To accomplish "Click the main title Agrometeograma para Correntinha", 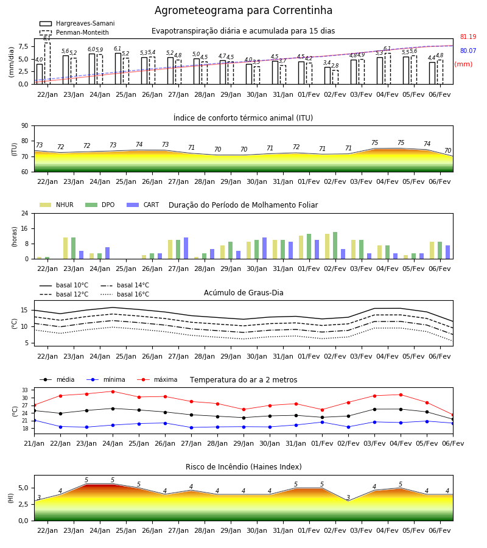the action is tap(243, 10).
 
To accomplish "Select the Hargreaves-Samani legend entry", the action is tap(77, 23).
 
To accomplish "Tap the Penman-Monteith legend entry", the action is tap(74, 32).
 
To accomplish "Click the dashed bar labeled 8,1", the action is tap(47, 63).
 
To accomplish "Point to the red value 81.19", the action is tap(468, 37).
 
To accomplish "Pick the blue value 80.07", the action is tap(468, 51).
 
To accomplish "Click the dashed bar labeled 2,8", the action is tap(335, 77).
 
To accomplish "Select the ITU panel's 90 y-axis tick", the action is tap(25, 126).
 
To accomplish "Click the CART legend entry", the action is tap(143, 205).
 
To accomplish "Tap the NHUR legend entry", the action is tap(57, 205).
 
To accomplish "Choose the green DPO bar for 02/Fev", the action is tap(335, 245).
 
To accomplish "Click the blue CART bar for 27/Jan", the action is tap(186, 248).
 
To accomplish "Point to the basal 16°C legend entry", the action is tap(125, 294).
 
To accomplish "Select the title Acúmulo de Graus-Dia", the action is tap(243, 292).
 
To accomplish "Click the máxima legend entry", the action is tap(157, 379).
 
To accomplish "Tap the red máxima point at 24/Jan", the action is tap(113, 392).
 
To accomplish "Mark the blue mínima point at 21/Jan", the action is tap(34, 420).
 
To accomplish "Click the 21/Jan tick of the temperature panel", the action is tap(34, 443).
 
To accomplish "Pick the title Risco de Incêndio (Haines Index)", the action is tap(243, 467).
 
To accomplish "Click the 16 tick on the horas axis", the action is tap(25, 228).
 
